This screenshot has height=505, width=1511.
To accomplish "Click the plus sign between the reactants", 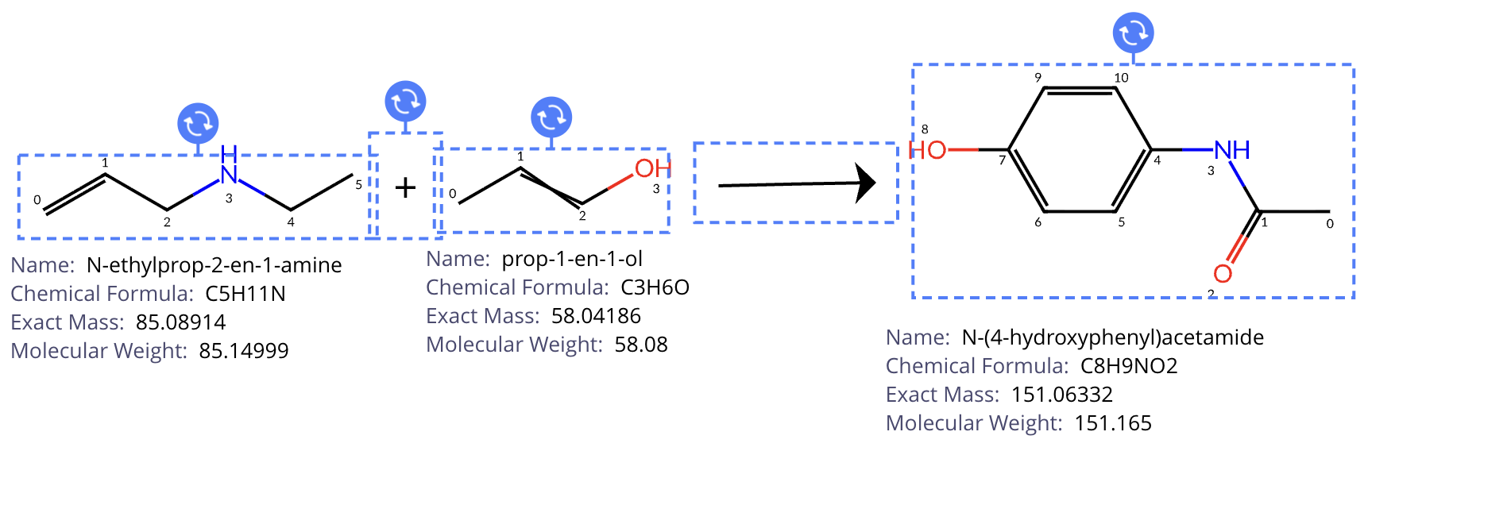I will [x=405, y=187].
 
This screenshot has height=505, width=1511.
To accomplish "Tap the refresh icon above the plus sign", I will [x=405, y=102].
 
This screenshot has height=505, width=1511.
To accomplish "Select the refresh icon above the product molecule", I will [x=1133, y=33].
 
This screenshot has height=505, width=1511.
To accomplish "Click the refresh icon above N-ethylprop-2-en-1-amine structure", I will [x=198, y=124].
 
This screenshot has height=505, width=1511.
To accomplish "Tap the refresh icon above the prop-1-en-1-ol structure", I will [x=551, y=118].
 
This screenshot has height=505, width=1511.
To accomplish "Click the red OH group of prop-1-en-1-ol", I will [x=652, y=168].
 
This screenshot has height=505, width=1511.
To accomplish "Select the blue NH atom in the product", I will [x=1232, y=150].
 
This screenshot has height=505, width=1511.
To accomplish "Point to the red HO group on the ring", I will [x=928, y=150].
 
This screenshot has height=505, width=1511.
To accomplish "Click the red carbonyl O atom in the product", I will [x=1223, y=273].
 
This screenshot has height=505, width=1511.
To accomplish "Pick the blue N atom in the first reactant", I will [x=229, y=174].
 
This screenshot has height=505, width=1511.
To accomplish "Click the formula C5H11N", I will [x=245, y=294].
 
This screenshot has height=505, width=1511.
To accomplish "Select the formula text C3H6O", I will [x=655, y=287].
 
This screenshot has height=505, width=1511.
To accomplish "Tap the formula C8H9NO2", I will [x=1128, y=366].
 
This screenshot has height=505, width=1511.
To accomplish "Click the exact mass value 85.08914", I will [x=180, y=322].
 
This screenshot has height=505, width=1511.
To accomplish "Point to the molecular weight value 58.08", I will [x=640, y=345].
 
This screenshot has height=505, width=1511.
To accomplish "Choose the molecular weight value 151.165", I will [x=1112, y=423].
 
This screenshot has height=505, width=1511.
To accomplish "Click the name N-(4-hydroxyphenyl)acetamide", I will [x=1112, y=337].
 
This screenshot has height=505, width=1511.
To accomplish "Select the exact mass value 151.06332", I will [x=1061, y=395].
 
